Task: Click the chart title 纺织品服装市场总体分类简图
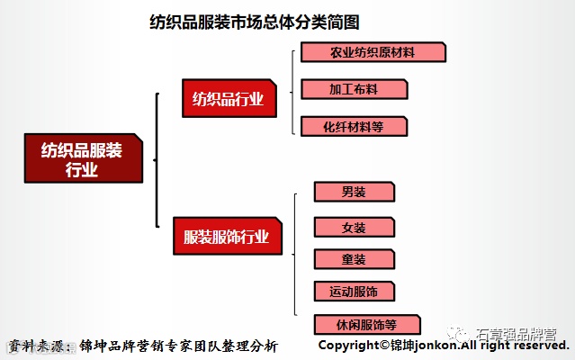click(260, 22)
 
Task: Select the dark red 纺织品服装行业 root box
click(82, 158)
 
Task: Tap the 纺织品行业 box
click(229, 99)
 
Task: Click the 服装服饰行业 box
click(226, 238)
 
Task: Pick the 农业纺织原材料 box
click(373, 52)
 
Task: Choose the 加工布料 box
click(354, 89)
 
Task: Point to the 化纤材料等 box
click(354, 126)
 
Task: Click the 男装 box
click(354, 192)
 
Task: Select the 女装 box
click(354, 227)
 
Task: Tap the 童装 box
click(354, 259)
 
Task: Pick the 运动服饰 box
click(354, 292)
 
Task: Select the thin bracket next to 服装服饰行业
click(296, 256)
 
